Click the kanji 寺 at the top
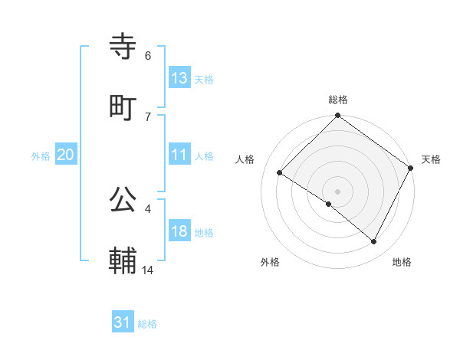[123, 47]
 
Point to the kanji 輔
[123, 261]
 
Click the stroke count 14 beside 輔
[148, 270]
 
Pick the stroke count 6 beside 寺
[148, 55]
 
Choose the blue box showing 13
[179, 78]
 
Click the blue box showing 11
[179, 155]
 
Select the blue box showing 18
[179, 231]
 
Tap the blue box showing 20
[66, 155]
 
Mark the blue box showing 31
[123, 322]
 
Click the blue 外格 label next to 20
[41, 156]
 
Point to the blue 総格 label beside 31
[147, 324]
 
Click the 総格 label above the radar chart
[337, 100]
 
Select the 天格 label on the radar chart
[431, 159]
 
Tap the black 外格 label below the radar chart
[270, 263]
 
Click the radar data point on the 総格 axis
[337, 116]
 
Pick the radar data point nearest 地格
[374, 242]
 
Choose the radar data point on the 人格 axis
[280, 172]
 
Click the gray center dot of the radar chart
[337, 191]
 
